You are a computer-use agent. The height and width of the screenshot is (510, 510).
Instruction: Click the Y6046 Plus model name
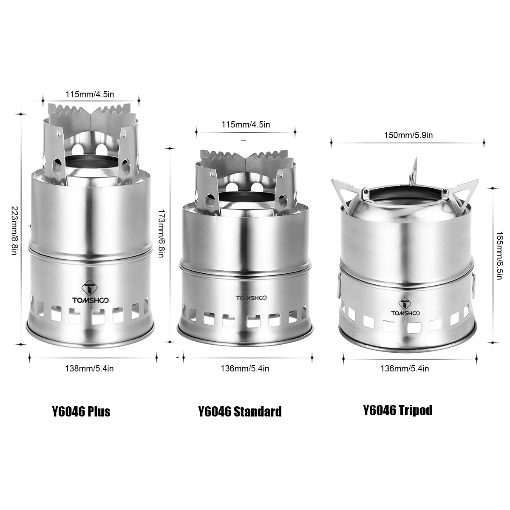point(81,411)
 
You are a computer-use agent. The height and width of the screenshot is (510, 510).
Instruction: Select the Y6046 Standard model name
point(240,411)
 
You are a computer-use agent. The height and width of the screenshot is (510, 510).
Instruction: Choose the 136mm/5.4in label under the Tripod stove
point(404,368)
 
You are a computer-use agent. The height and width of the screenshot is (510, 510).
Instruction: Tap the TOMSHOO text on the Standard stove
point(250,297)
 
